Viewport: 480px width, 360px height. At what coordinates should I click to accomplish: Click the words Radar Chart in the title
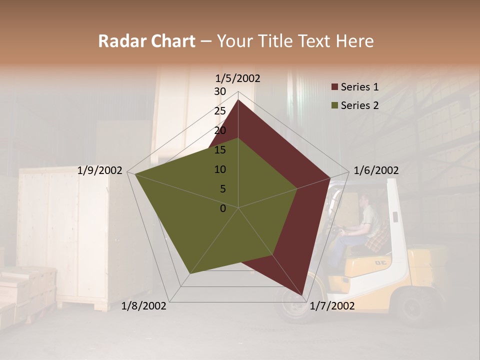(x=146, y=41)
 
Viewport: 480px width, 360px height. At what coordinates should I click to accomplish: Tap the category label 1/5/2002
(x=238, y=78)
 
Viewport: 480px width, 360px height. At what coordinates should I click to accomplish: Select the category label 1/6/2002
(x=376, y=170)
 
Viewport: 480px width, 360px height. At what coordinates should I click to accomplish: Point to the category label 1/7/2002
(x=332, y=305)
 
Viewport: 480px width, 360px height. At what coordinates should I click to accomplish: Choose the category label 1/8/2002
(x=144, y=305)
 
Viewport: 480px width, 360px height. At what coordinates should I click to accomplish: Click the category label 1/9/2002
(x=100, y=170)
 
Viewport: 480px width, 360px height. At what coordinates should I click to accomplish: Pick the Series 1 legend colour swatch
(x=335, y=87)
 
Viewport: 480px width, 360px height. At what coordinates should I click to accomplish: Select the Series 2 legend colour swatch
(x=335, y=105)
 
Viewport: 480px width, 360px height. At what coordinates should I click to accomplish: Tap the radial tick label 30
(x=220, y=91)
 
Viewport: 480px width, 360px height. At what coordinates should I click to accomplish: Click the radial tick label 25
(x=220, y=111)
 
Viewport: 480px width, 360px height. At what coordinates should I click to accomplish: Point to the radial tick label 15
(x=220, y=150)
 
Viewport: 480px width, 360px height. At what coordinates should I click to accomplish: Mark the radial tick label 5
(x=222, y=189)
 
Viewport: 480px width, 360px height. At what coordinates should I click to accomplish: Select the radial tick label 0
(x=223, y=208)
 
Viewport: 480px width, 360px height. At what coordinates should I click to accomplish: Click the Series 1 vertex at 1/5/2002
(x=238, y=100)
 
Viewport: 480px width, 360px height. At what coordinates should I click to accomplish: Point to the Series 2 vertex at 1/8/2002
(x=190, y=273)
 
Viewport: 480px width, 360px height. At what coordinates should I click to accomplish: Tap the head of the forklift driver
(x=363, y=199)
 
